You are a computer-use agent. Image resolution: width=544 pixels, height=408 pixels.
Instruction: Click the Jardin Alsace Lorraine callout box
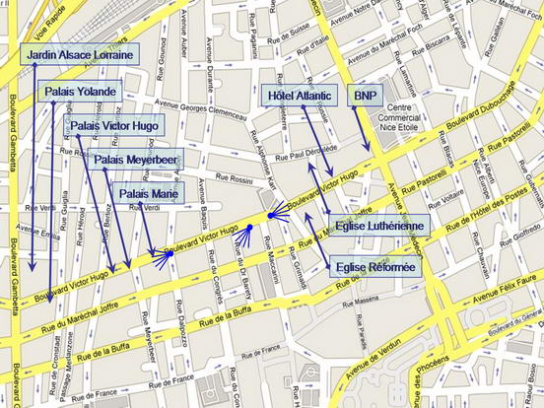[80, 54]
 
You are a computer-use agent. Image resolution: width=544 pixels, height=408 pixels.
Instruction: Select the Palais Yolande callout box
[81, 92]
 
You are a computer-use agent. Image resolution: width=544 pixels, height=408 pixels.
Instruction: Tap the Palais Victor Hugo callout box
[115, 125]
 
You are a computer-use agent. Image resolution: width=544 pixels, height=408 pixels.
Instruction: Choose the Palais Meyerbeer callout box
[137, 159]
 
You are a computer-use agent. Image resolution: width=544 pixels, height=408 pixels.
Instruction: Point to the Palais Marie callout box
[146, 193]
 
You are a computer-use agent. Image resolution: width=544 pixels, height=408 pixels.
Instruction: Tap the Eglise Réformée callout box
[376, 266]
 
